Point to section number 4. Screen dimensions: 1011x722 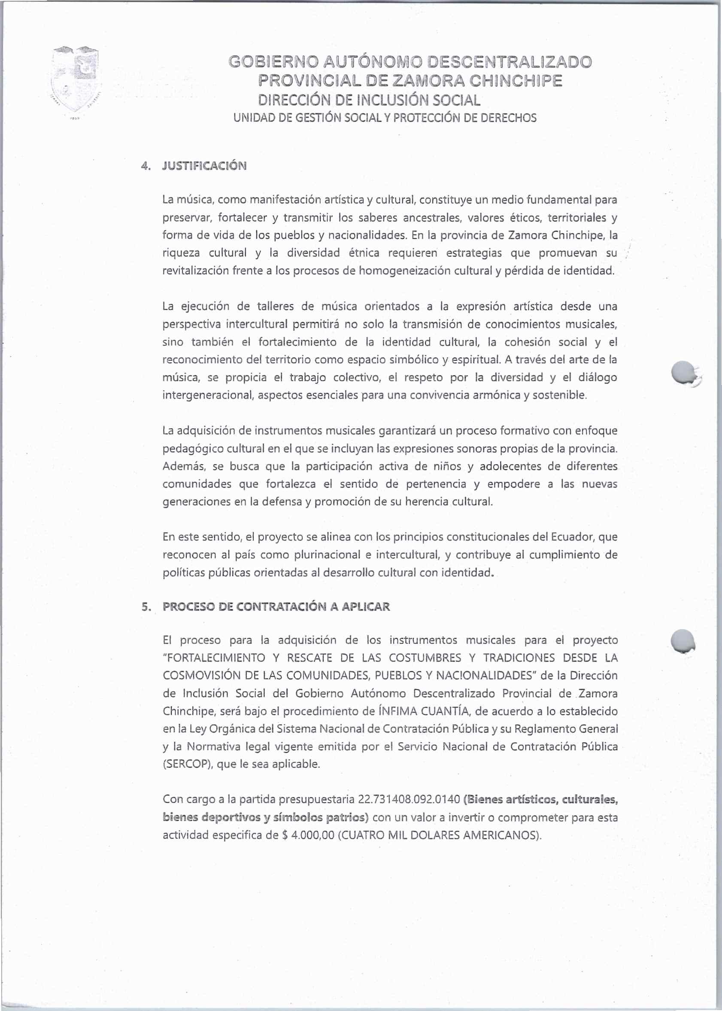coord(145,166)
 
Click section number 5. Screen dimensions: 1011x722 coord(145,607)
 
